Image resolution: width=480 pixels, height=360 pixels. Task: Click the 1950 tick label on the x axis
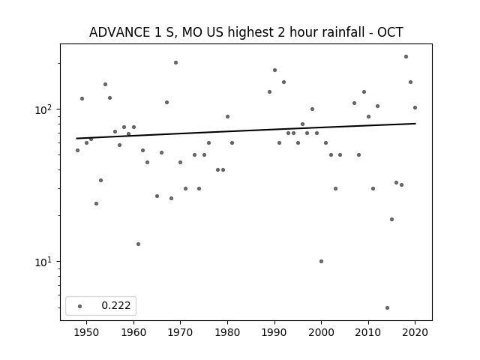pos(87,332)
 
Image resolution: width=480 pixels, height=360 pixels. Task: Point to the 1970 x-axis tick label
pos(180,332)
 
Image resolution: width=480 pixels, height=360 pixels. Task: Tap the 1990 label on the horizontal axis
pos(274,332)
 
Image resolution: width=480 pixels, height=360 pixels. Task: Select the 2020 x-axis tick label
pos(415,332)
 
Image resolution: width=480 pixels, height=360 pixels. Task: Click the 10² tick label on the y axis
pos(45,109)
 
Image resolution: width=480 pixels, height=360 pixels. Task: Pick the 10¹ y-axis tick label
pos(45,262)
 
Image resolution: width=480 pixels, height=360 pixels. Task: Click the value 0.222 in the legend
pos(116,305)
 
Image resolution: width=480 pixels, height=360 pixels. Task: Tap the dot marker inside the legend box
pos(80,306)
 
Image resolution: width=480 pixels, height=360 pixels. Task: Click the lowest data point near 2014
pos(387,307)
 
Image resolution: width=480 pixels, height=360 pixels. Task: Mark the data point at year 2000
pos(321,262)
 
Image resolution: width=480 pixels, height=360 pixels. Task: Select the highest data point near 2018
pos(406,57)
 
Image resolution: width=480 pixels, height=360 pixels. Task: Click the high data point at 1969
pos(175,62)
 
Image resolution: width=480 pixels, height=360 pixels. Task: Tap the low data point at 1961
pos(138,244)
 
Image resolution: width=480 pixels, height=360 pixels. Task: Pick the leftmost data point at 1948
pos(77,150)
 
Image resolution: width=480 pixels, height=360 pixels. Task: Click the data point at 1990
pos(274,70)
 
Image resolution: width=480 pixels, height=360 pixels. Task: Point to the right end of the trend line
pos(415,123)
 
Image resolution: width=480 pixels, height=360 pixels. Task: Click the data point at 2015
pos(391,219)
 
